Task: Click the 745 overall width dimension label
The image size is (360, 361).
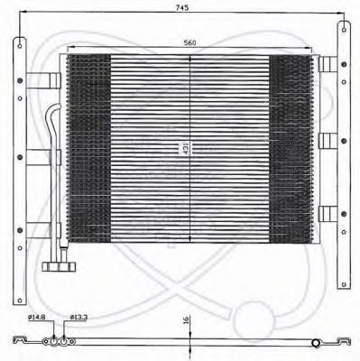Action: coord(182,7)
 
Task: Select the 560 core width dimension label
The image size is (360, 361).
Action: coord(189,42)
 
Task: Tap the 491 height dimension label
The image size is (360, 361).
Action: coord(186,149)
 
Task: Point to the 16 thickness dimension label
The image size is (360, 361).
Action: coord(186,320)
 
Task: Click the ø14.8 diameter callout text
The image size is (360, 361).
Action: coord(36,317)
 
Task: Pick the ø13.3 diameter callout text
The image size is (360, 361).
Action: coord(78,317)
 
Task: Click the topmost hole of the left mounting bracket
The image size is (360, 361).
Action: coord(20,46)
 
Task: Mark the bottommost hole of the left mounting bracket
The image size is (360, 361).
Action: coord(20,300)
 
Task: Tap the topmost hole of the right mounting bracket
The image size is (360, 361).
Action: coord(344,30)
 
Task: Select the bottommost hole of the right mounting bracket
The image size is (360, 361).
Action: coord(344,284)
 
